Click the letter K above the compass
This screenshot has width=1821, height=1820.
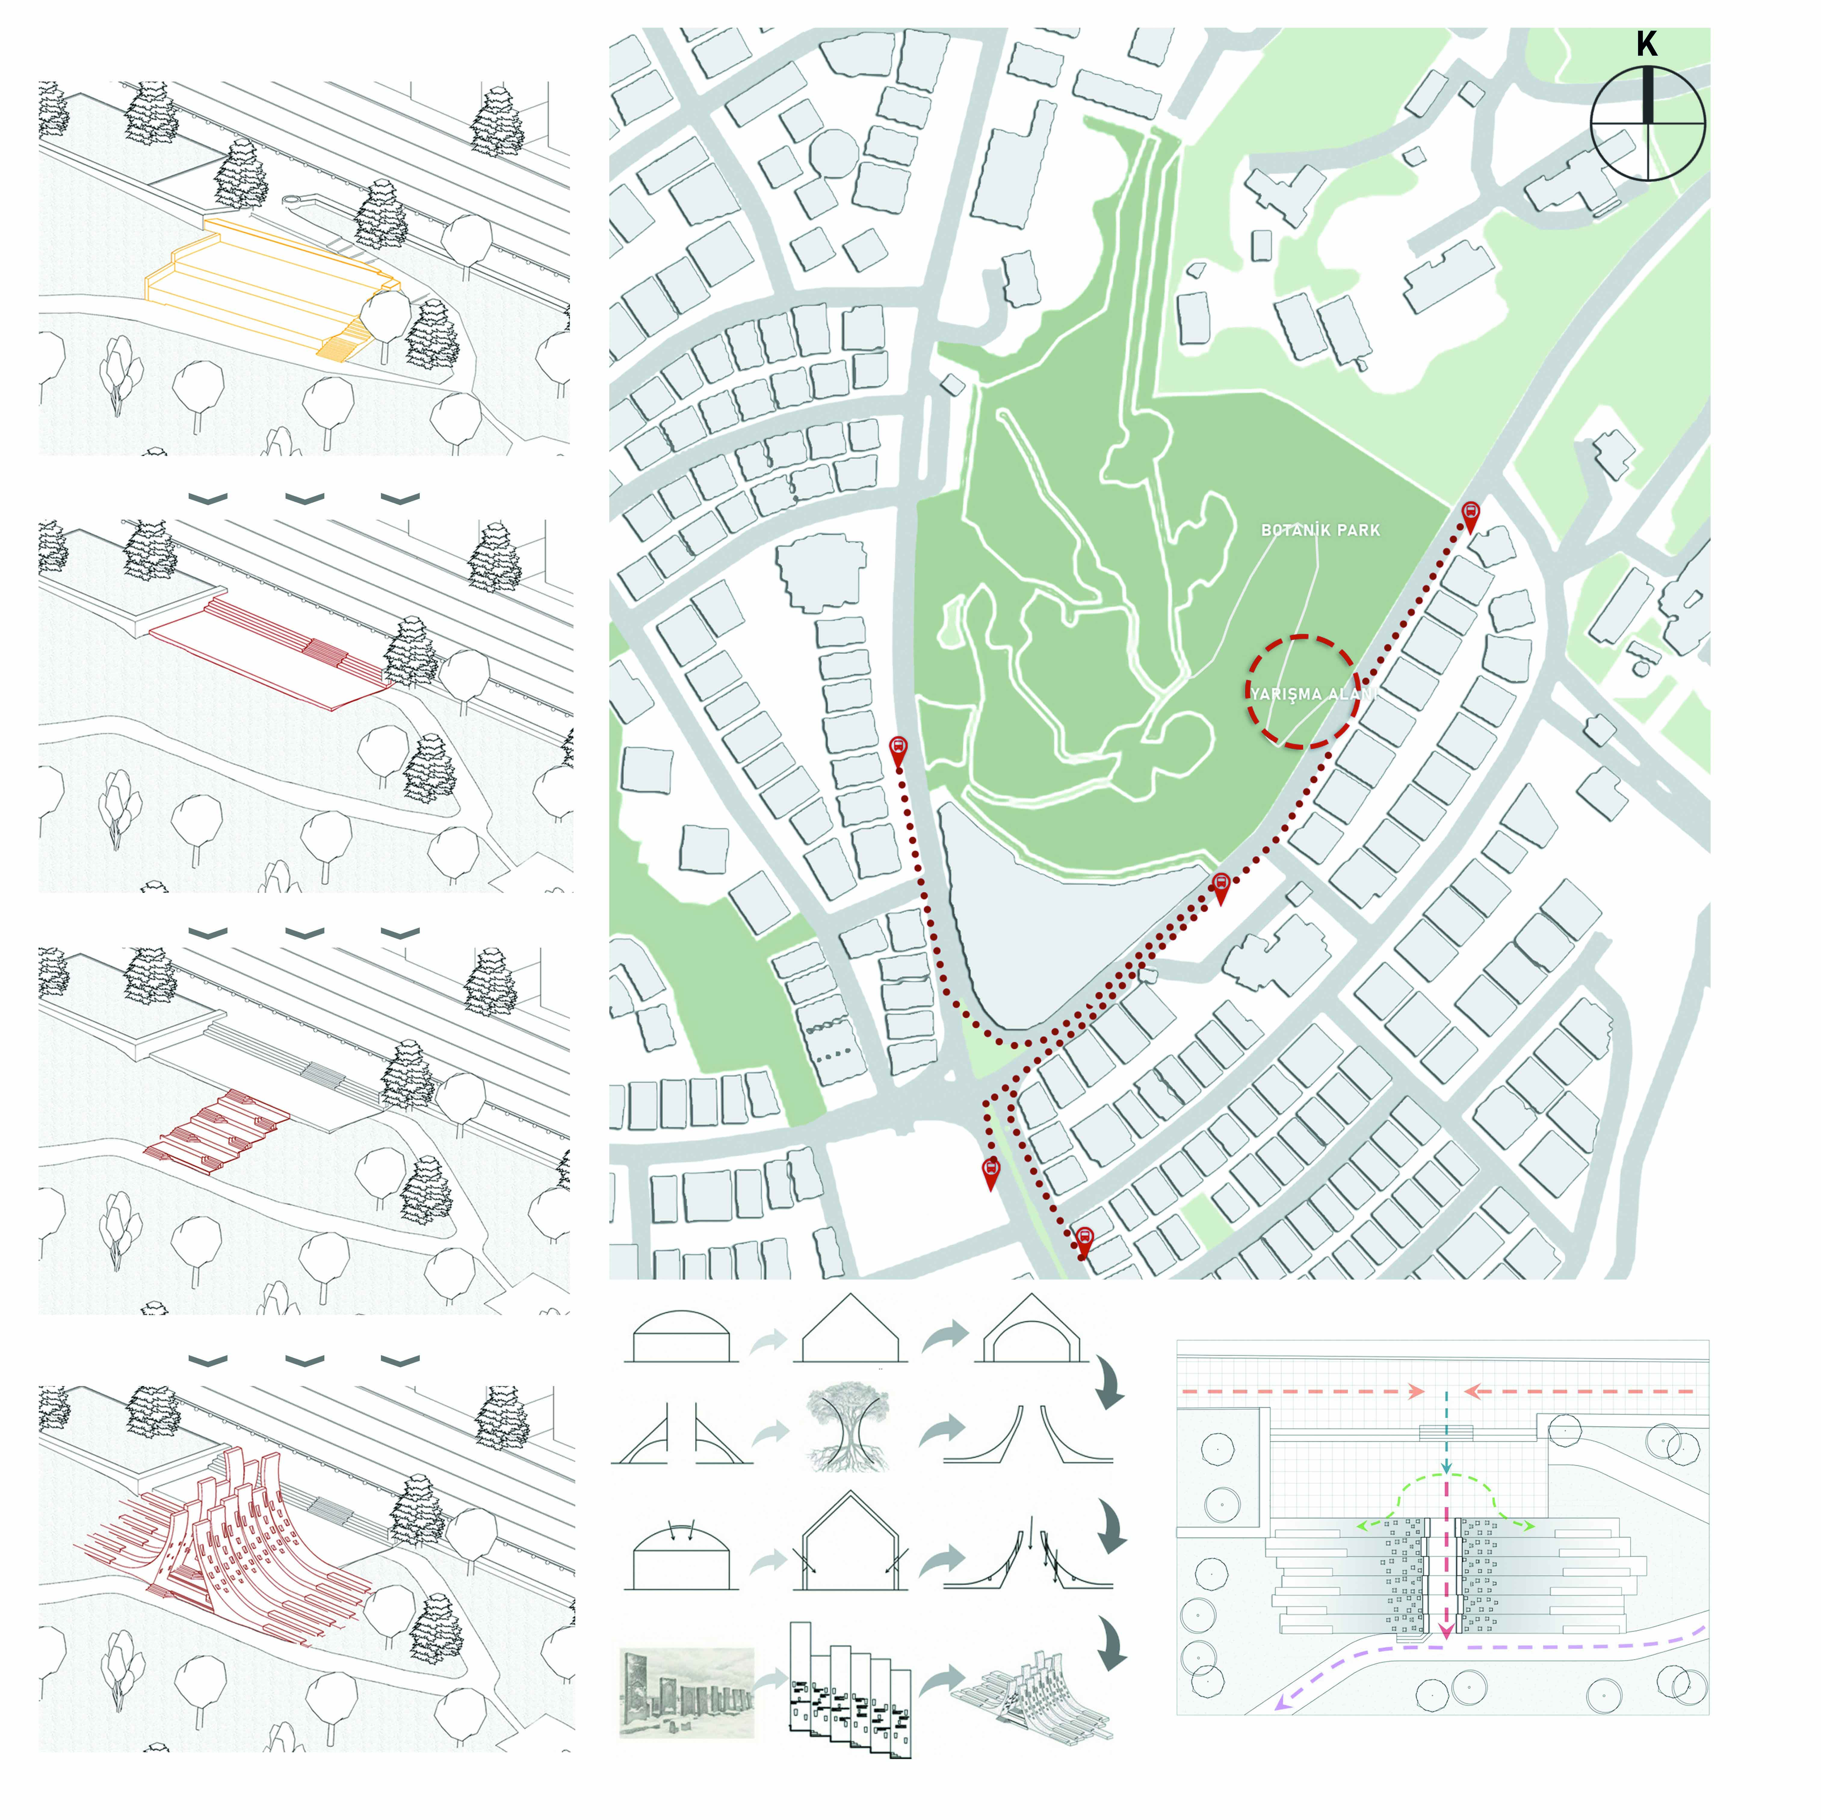(x=1646, y=44)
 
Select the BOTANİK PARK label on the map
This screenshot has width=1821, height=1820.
(x=1320, y=531)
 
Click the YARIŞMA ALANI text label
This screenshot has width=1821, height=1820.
(x=1312, y=694)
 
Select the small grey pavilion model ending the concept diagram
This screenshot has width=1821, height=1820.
(x=1032, y=1697)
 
